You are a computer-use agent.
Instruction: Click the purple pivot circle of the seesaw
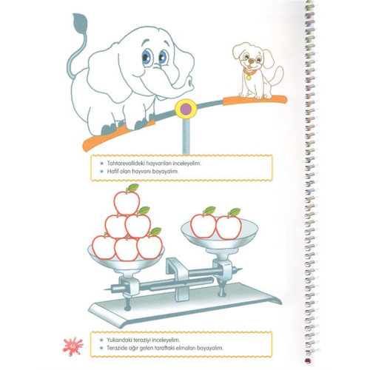(186, 109)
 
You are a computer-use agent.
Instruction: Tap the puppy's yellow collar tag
(249, 78)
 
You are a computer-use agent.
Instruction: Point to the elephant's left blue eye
(147, 55)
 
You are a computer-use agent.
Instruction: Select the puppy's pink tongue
(249, 66)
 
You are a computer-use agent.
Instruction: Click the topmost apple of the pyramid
(127, 203)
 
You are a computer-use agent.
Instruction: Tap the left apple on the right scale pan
(203, 226)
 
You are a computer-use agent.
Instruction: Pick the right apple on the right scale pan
(229, 227)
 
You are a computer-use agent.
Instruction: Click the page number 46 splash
(73, 346)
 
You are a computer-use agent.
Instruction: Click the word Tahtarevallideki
(126, 164)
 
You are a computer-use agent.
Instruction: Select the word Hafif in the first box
(112, 171)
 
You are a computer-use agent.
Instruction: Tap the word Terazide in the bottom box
(116, 348)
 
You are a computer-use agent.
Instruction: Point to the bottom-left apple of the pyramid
(104, 247)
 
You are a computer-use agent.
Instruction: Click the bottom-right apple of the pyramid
(149, 247)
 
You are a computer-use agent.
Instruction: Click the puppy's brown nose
(251, 61)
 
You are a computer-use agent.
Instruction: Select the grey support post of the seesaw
(185, 135)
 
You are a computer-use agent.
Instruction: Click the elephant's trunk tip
(189, 81)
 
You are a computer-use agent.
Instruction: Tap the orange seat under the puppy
(255, 99)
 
